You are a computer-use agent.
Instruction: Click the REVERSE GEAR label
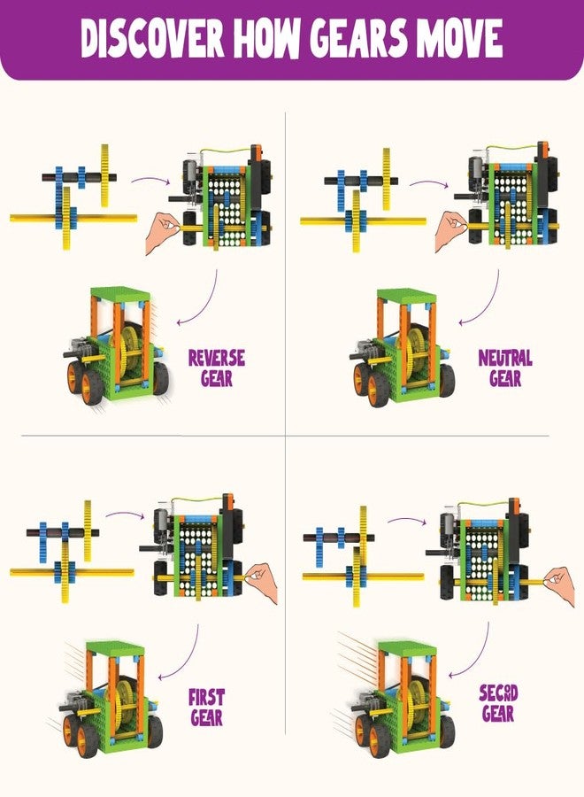216,368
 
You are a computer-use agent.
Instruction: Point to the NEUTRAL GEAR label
505,368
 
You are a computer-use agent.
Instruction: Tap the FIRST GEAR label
206,707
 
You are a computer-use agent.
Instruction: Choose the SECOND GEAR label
498,701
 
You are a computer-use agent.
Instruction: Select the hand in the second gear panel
558,581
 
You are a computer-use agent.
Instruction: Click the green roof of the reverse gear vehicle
119,294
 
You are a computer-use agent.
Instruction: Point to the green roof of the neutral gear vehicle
406,296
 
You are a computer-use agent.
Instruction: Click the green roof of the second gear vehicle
405,648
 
